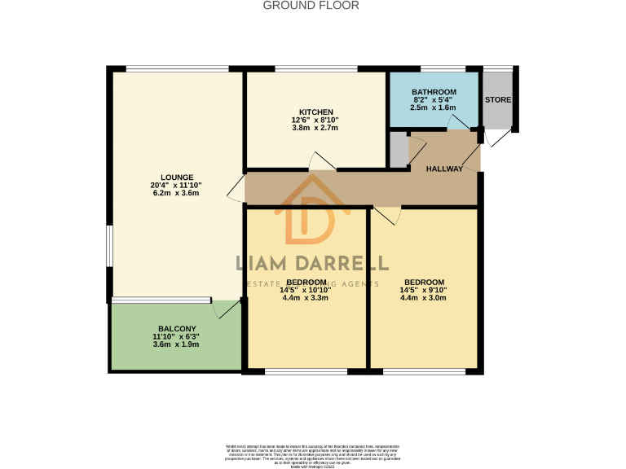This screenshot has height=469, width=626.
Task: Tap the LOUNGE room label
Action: point(177,177)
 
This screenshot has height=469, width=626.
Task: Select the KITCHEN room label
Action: point(315,112)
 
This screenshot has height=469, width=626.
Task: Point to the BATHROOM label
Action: point(433,92)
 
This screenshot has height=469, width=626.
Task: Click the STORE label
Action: point(497,99)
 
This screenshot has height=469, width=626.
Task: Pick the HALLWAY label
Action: point(444,169)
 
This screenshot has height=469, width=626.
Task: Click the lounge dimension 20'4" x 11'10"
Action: point(177,186)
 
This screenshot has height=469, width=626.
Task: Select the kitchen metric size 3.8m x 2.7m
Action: point(315,128)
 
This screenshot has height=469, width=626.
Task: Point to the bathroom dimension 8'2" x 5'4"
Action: point(433,99)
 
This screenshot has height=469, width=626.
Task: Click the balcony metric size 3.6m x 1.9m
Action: point(176,344)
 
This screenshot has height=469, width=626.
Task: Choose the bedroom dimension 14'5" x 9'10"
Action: point(424,290)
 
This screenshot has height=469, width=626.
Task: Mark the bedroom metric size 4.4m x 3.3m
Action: point(306,298)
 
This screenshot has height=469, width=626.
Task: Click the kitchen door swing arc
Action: point(322,161)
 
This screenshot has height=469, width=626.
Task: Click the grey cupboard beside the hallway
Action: point(398,149)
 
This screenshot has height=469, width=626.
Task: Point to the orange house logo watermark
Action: point(307,217)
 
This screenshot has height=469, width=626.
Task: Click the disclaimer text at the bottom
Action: point(312,454)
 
